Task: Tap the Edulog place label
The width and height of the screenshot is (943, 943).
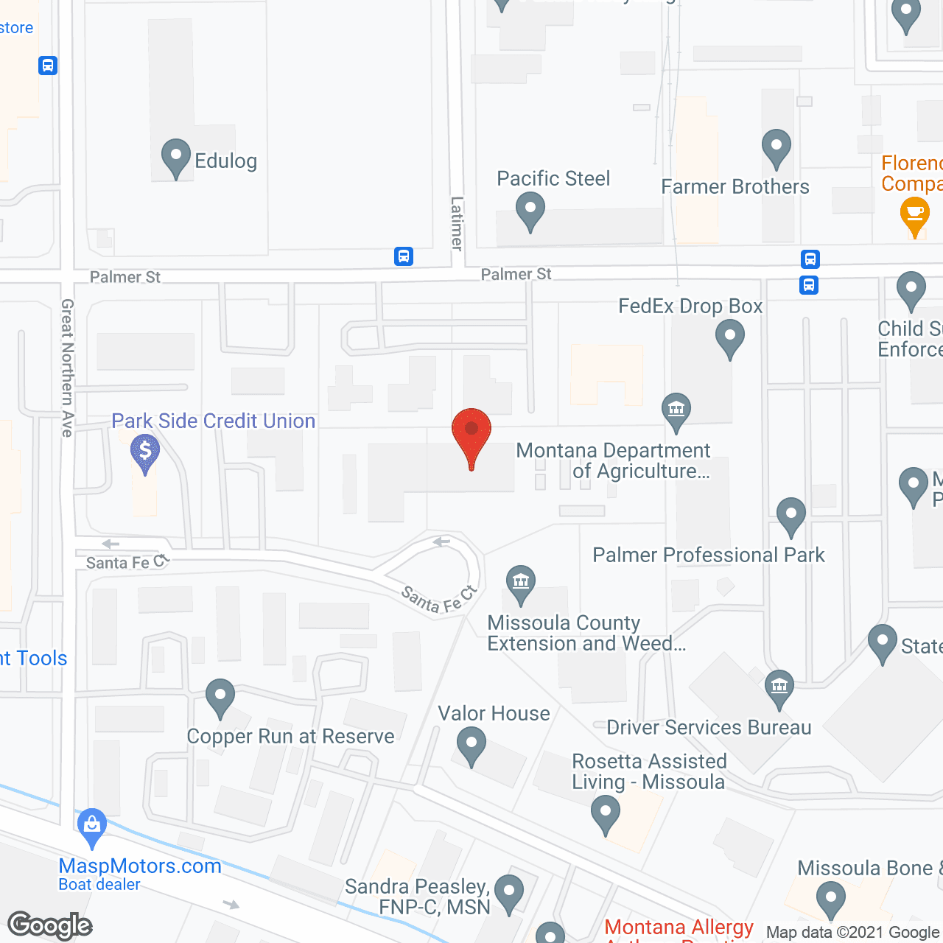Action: click(225, 161)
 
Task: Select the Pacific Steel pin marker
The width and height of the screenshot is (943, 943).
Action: click(530, 211)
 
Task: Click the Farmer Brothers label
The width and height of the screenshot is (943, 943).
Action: click(735, 187)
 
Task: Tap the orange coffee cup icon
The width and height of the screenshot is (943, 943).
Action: click(914, 216)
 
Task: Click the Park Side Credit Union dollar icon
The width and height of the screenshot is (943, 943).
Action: click(145, 451)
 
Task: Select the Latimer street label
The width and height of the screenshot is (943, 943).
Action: click(458, 224)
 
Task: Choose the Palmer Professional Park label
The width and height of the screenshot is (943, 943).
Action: click(709, 555)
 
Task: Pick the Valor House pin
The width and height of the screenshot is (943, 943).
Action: click(471, 745)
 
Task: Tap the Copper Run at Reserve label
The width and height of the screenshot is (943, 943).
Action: click(290, 736)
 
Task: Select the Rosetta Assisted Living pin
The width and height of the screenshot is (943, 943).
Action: click(606, 815)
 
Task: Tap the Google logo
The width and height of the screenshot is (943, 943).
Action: click(50, 925)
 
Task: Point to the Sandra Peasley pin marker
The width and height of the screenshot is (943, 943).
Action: click(509, 892)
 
